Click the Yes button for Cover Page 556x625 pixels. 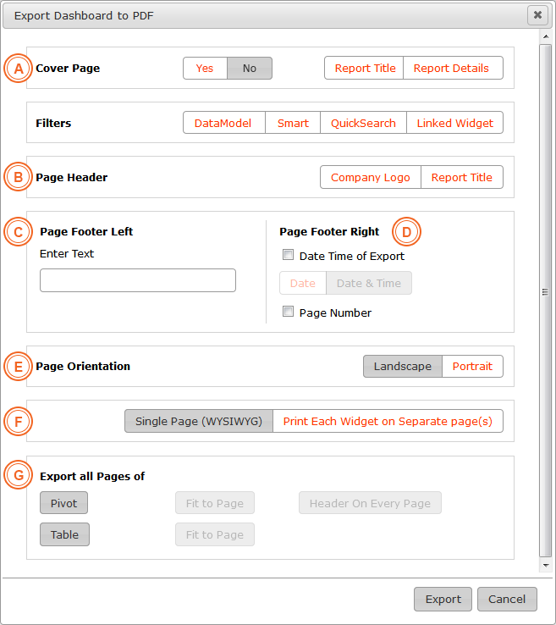pyautogui.click(x=205, y=68)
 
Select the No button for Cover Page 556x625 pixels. pyautogui.click(x=250, y=68)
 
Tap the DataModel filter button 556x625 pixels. pyautogui.click(x=224, y=123)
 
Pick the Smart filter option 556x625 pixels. pyautogui.click(x=293, y=123)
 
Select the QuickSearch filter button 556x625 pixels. pyautogui.click(x=363, y=123)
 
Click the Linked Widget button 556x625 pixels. pyautogui.click(x=454, y=123)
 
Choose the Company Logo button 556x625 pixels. pyautogui.click(x=371, y=177)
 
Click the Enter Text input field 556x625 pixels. pyautogui.click(x=138, y=280)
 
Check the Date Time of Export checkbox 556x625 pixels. pyautogui.click(x=288, y=255)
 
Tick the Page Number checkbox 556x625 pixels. pyautogui.click(x=288, y=312)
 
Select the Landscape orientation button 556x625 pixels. pyautogui.click(x=403, y=366)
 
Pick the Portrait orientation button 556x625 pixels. pyautogui.click(x=472, y=366)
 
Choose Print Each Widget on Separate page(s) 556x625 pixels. pyautogui.click(x=388, y=421)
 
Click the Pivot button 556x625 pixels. pyautogui.click(x=63, y=503)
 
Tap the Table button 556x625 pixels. pyautogui.click(x=64, y=534)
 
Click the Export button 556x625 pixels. pyautogui.click(x=443, y=599)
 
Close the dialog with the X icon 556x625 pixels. pyautogui.click(x=537, y=15)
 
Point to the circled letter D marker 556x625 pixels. pyautogui.click(x=406, y=231)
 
